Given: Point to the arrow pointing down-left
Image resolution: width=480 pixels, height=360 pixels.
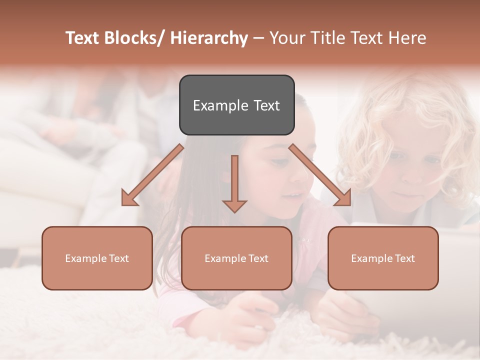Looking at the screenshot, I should click(x=152, y=175).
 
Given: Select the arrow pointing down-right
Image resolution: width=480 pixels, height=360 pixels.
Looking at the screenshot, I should click(x=320, y=175).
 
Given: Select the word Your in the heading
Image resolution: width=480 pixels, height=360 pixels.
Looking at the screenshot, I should click(x=286, y=38).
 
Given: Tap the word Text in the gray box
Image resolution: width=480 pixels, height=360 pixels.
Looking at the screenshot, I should click(x=266, y=105).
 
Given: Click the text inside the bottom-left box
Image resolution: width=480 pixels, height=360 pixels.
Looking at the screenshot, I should click(x=97, y=258).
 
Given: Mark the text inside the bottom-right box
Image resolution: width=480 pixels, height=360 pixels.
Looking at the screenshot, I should click(x=383, y=258).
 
